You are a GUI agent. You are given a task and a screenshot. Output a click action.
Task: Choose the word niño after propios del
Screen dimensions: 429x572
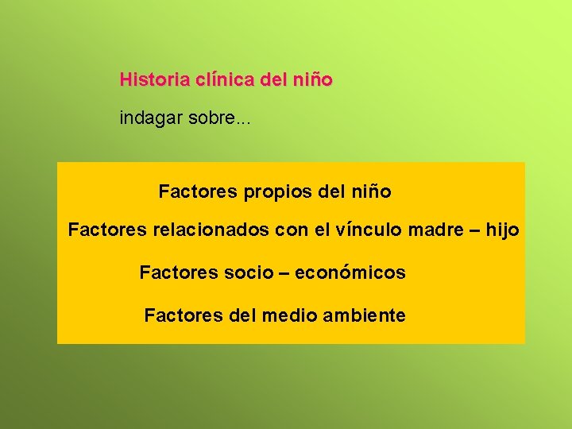point(370,192)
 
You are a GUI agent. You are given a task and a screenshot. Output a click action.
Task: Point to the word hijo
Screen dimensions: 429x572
point(502,231)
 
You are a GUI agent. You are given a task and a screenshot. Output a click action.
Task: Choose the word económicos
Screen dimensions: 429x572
point(350,273)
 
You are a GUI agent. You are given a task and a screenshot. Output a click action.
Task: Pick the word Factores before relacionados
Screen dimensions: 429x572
point(107,231)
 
